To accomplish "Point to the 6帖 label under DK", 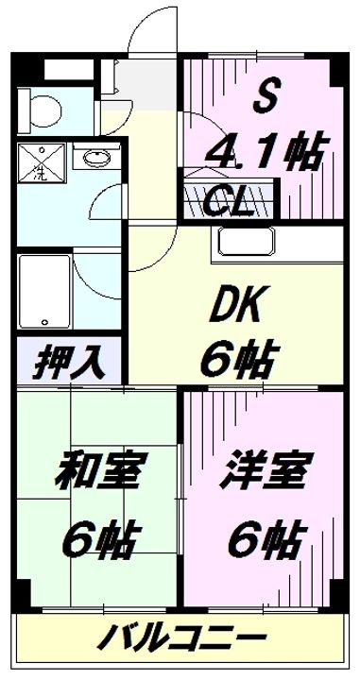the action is pos(236,358).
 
